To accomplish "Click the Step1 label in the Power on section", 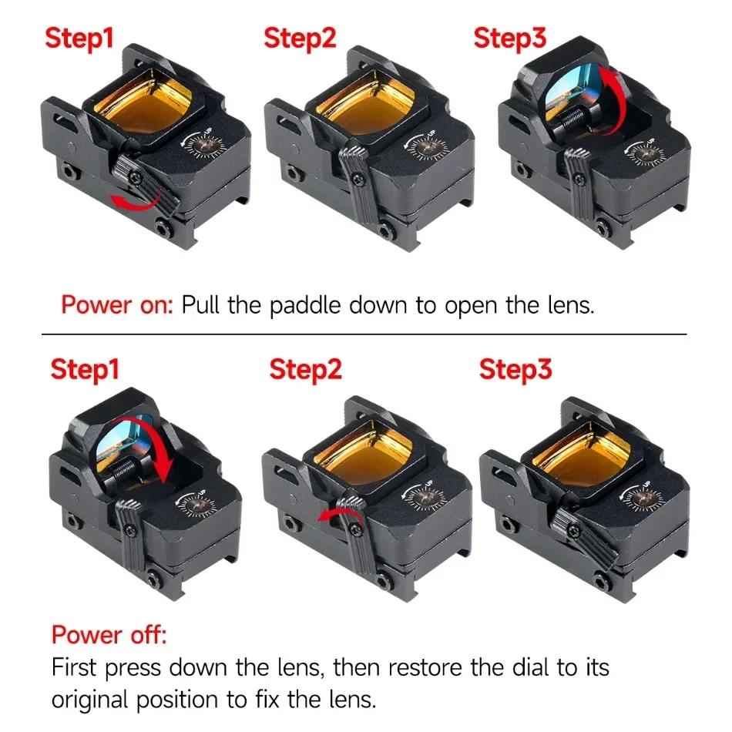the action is pos(79,39).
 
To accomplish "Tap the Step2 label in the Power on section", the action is pos(300,39).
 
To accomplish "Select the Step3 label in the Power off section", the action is pos(515,370).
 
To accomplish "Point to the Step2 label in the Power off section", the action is pos(305,370).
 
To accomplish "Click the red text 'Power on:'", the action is pos(117,305).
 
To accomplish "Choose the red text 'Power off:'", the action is pos(109,635).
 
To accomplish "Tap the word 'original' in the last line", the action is pos(89,700).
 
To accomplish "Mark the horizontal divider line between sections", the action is pos(364,334).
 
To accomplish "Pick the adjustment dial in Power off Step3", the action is pos(643,499).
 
